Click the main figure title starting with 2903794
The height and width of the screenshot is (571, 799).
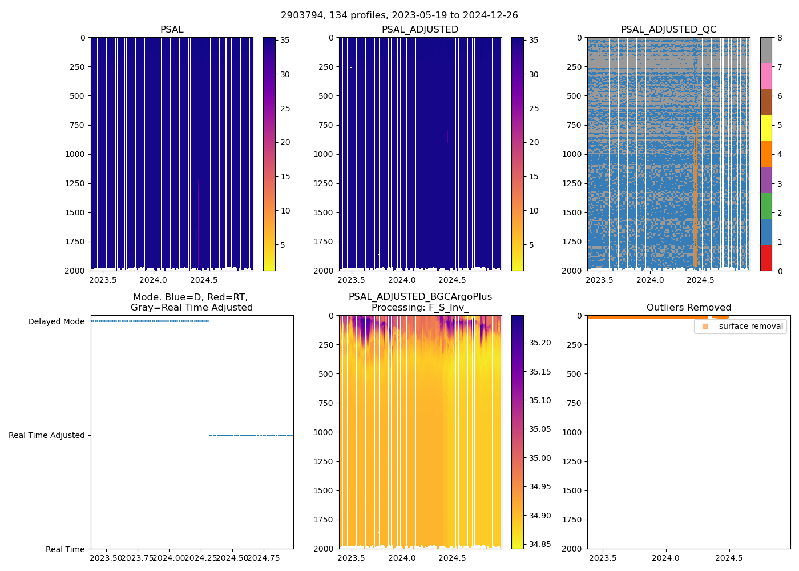tap(399, 15)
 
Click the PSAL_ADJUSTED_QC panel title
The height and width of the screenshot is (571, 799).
tap(668, 30)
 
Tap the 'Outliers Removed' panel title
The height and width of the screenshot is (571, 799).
tap(688, 308)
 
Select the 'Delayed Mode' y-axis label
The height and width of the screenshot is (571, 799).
tap(56, 321)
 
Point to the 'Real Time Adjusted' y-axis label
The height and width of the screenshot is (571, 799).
tap(47, 435)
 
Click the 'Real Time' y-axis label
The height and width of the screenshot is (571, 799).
tap(65, 549)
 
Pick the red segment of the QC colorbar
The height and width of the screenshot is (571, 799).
tap(766, 258)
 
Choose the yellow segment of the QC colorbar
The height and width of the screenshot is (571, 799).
tap(766, 128)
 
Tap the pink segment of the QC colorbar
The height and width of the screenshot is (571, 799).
tap(766, 76)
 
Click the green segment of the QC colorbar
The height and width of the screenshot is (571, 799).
tap(766, 206)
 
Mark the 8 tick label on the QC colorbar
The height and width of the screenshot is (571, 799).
tap(779, 38)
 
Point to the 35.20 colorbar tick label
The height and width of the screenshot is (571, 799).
tap(540, 343)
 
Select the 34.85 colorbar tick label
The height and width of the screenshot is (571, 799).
tap(540, 544)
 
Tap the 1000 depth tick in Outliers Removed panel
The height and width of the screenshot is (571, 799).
tap(572, 432)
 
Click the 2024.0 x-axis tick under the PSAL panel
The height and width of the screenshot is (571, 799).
tap(153, 280)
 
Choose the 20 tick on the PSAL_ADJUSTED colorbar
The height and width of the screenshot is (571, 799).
tap(534, 143)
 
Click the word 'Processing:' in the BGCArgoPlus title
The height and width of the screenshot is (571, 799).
tap(398, 308)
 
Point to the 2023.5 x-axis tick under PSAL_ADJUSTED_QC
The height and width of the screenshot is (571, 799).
tap(599, 280)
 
